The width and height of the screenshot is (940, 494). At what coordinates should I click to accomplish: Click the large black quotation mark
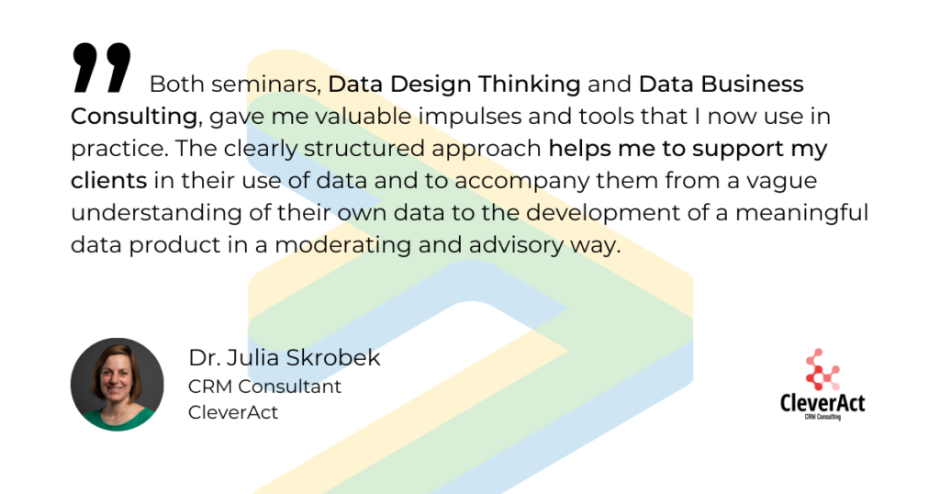click(101, 67)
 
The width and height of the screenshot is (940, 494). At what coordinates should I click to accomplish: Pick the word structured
click(364, 149)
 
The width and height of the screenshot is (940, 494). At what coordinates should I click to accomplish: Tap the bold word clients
click(108, 181)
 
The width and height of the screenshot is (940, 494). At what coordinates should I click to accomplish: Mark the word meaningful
click(802, 213)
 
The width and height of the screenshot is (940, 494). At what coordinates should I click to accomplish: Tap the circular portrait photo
click(117, 385)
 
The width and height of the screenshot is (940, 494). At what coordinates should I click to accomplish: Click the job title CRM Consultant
click(264, 387)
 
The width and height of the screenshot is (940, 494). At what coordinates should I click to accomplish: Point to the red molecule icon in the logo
click(822, 369)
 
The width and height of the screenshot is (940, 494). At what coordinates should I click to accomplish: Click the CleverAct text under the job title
click(233, 412)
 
